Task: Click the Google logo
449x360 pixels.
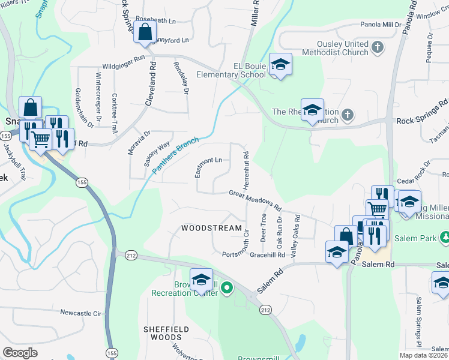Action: point(20,353)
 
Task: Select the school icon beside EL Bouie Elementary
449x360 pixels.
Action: point(280,65)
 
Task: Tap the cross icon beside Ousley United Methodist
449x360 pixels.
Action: point(378,46)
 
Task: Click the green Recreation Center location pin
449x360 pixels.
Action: point(227,289)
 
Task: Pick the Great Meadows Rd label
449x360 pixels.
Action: point(255,200)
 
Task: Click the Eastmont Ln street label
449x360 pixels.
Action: point(209,161)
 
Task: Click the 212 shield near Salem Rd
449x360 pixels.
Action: point(265,310)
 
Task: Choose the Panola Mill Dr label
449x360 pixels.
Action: point(384,24)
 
